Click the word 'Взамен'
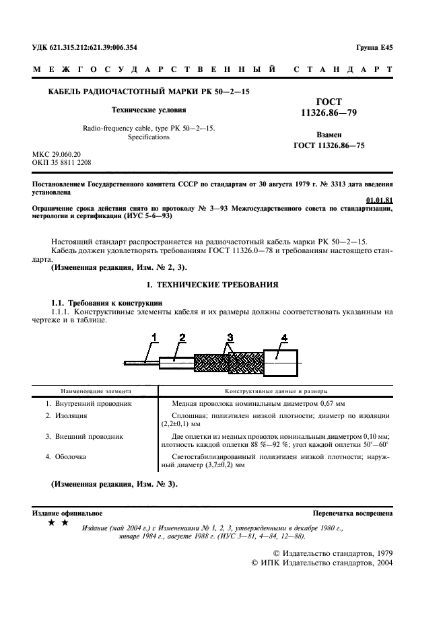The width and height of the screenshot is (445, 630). pos(329,134)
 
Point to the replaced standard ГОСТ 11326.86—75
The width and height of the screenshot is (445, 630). pos(329,145)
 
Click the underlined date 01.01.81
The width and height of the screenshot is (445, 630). pos(379,200)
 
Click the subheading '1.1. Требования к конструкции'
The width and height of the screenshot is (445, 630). pos(106,302)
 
